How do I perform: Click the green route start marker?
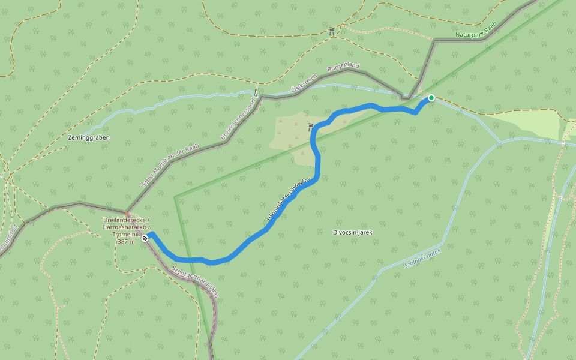pyautogui.click(x=431, y=97)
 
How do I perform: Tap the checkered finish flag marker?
pyautogui.click(x=145, y=238)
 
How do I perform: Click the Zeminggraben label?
pyautogui.click(x=88, y=137)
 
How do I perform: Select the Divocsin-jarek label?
pyautogui.click(x=357, y=232)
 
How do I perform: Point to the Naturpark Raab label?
pyautogui.click(x=476, y=34)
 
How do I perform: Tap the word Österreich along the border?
pyautogui.click(x=303, y=85)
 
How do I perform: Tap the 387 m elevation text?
pyautogui.click(x=126, y=242)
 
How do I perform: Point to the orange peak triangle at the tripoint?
pyautogui.click(x=127, y=213)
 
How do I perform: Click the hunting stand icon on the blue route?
pyautogui.click(x=310, y=127)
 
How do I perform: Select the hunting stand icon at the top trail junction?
pyautogui.click(x=331, y=31)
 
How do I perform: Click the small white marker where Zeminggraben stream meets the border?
pyautogui.click(x=256, y=93)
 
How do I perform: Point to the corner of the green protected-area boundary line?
pyautogui.click(x=176, y=197)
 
